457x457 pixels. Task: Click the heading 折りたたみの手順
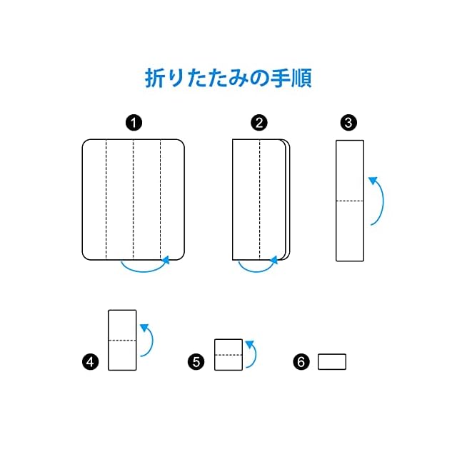(228, 77)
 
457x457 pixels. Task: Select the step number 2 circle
(259, 123)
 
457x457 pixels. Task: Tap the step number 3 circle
(349, 123)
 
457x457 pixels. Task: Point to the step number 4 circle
(91, 362)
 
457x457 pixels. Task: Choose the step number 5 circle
(197, 362)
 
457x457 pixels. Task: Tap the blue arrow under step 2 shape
(256, 268)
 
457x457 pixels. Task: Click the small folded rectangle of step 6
(331, 361)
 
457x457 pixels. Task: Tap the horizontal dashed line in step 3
(350, 201)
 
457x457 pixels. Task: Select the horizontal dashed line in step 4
(122, 340)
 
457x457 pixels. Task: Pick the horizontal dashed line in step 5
(228, 354)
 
